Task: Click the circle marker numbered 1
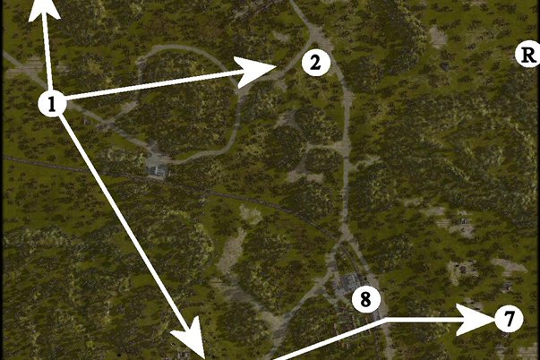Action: (52, 103)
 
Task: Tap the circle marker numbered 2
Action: (316, 63)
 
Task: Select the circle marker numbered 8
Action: (366, 299)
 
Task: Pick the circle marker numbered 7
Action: (510, 318)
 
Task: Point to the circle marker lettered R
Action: (527, 55)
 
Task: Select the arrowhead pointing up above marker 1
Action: (44, 11)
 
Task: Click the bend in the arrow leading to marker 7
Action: (386, 320)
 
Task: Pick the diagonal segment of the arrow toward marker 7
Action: (329, 339)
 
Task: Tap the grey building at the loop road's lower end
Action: (158, 170)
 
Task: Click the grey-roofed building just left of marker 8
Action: (348, 283)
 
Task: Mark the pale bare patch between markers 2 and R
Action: (438, 37)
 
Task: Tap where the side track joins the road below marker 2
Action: (346, 146)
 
